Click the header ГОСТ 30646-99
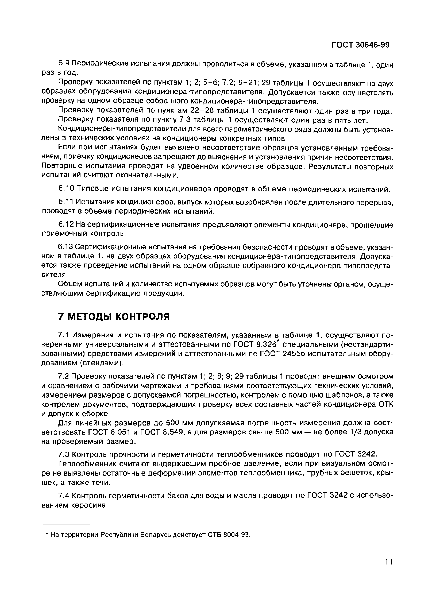point(360,45)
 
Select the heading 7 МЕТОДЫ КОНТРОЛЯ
point(114,317)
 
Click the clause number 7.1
point(64,335)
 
